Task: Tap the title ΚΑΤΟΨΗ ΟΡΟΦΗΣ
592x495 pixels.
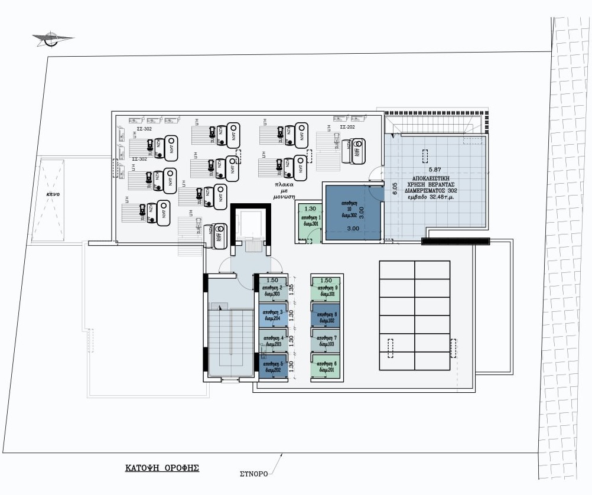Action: (x=161, y=467)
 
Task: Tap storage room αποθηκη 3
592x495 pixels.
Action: (x=272, y=315)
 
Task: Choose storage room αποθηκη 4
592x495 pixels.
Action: (x=272, y=341)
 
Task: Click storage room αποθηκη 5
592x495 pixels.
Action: (x=272, y=366)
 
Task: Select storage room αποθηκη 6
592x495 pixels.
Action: (x=327, y=366)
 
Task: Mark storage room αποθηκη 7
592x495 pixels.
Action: (x=327, y=341)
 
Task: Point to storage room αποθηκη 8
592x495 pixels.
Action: (x=327, y=315)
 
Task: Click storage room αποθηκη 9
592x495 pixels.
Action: (x=327, y=290)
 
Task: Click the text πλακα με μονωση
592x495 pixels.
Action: (x=284, y=191)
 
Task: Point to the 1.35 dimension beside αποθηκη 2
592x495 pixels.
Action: (x=291, y=289)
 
